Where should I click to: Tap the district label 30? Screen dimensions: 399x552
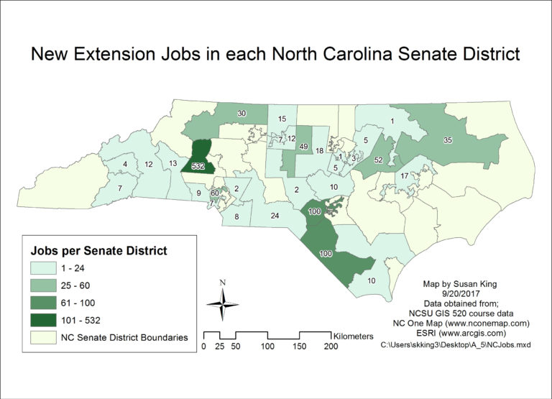242,114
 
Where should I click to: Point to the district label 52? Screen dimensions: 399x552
378,160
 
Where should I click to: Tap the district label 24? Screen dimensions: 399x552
275,215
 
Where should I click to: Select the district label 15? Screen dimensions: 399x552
282,119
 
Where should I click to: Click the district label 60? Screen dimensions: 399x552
214,193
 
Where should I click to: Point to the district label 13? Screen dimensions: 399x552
173,164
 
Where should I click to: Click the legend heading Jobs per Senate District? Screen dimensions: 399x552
98,251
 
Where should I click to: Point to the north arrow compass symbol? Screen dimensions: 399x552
223,302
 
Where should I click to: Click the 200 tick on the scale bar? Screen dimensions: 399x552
331,347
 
